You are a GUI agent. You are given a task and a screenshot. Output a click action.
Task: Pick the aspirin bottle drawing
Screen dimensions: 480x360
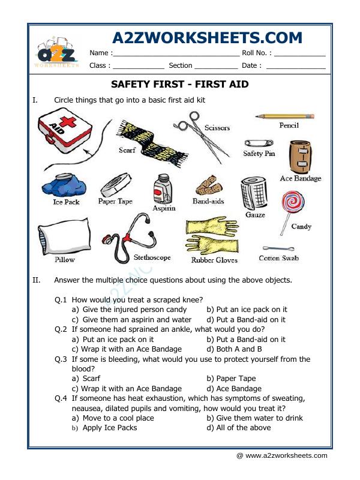point(162,190)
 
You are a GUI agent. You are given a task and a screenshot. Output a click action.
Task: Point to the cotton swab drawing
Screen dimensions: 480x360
point(278,248)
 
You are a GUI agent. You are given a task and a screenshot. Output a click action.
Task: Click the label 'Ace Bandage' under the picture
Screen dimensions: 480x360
point(300,178)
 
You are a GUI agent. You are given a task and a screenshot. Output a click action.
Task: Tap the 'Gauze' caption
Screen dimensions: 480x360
point(255,214)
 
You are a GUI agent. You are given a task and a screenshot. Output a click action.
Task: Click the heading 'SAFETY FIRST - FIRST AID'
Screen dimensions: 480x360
point(180,84)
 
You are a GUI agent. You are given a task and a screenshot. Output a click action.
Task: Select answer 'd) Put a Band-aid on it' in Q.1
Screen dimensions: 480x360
point(246,320)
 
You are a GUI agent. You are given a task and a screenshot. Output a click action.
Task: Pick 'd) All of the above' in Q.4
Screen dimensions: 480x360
point(238,428)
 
